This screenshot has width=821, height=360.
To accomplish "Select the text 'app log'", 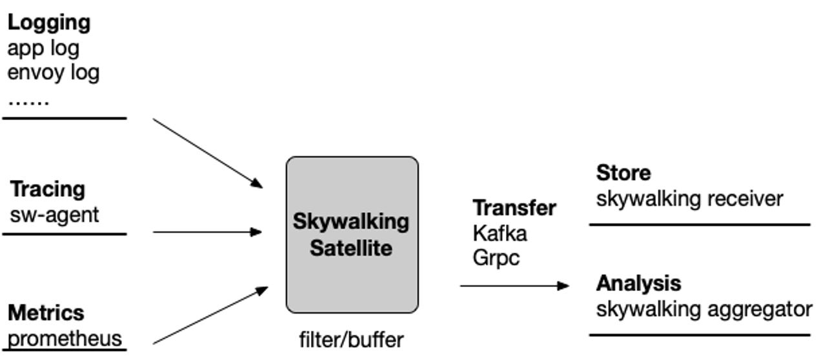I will pos(43,48).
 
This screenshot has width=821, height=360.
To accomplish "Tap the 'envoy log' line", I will pos(53,72).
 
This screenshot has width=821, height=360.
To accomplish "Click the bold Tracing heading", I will pos(48,190).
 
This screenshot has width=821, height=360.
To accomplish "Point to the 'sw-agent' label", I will pos(55,214).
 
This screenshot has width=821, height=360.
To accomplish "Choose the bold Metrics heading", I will pos(46,313).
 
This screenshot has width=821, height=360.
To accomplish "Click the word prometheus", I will pos(65,338).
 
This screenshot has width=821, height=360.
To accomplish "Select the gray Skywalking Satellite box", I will pos(352,234).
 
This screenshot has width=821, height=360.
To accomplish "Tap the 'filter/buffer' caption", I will pos(351,339).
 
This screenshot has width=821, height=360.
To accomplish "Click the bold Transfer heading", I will pos(514,208).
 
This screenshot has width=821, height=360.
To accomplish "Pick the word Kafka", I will pos(500,233).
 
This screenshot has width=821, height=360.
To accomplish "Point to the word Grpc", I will pos(496,257).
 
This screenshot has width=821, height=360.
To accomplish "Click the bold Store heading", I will pos(623,174).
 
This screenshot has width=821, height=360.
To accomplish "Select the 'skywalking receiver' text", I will pos(689,199).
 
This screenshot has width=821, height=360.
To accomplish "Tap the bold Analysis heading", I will pos(638,283).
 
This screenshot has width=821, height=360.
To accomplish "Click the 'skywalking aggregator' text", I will pos(704,309).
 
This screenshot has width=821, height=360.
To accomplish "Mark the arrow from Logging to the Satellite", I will pos(208,153).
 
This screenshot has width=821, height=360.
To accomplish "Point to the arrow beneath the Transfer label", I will pos(514,285).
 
